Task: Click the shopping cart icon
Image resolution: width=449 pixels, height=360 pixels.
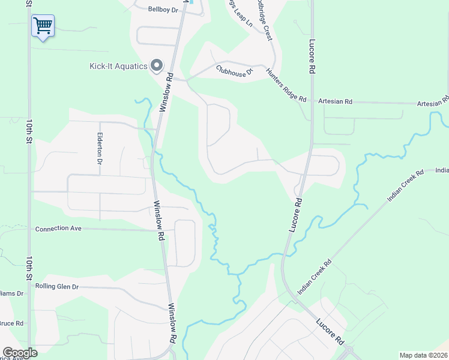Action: pos(43,26)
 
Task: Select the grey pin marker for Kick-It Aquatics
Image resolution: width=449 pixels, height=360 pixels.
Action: pos(157,65)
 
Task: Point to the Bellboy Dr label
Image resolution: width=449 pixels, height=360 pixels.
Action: pos(163,9)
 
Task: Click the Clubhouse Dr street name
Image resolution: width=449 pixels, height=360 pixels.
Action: pos(235,70)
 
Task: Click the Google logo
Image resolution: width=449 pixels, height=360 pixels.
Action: pos(20,353)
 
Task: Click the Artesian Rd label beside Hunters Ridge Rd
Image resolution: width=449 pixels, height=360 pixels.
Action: pos(335,101)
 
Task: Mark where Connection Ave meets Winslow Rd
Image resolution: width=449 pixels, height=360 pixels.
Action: pos(160,230)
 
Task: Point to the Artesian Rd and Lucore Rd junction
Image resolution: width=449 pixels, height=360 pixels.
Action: pos(312,102)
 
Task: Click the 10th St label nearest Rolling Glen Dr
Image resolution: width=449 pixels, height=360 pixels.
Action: pos(28,269)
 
